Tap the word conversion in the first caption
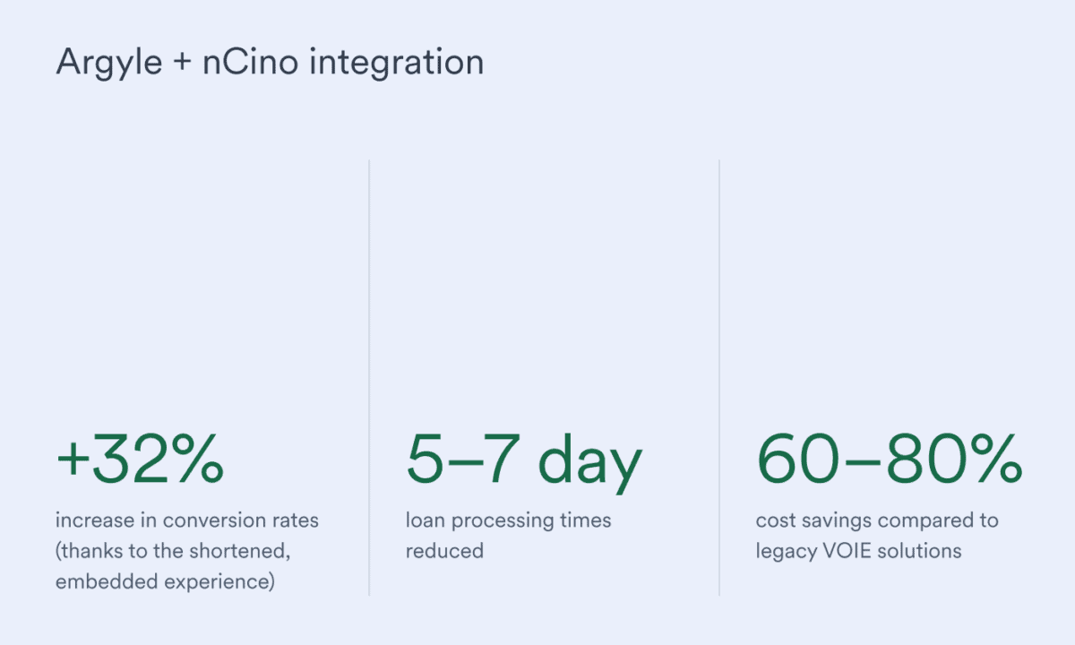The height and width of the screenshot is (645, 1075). pyautogui.click(x=200, y=520)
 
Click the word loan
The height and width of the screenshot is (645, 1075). pyautogui.click(x=425, y=520)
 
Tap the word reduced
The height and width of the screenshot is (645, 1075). pyautogui.click(x=444, y=550)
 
